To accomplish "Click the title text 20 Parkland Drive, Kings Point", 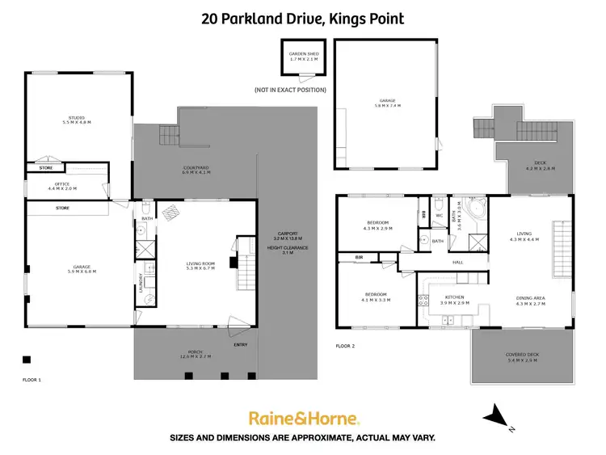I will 302,18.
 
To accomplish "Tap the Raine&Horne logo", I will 303,418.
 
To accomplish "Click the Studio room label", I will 78,120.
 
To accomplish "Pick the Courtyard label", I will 196,170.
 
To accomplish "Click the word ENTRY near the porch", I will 241,344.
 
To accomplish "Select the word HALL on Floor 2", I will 457,262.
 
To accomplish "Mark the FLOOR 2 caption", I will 345,345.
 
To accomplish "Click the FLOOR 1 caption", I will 32,378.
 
